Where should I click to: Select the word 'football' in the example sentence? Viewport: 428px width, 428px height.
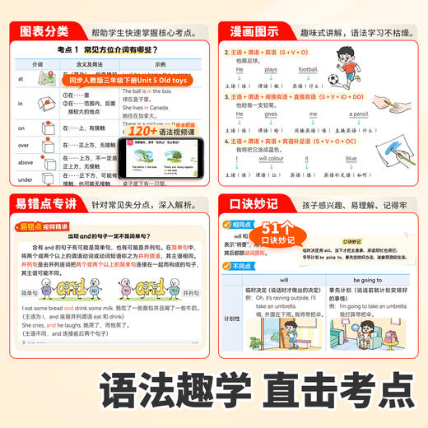308,71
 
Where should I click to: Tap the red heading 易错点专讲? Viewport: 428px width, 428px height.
42,203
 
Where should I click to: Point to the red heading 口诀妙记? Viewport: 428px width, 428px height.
250,203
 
